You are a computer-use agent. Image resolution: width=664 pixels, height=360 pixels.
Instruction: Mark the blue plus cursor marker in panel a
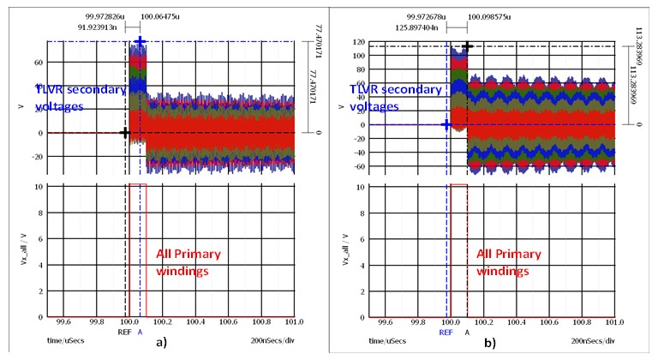(140, 41)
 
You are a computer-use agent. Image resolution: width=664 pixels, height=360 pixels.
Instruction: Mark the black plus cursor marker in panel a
(125, 133)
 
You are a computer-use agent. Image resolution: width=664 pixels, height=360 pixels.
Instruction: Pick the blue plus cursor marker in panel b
(446, 124)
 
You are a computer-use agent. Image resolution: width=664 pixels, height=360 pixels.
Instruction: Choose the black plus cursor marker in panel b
(467, 46)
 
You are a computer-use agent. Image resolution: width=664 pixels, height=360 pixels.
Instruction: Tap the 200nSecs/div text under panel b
(592, 340)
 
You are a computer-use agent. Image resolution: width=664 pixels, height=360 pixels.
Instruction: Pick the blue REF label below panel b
(446, 331)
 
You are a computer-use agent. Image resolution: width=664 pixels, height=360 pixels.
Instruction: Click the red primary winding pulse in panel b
(458, 185)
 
